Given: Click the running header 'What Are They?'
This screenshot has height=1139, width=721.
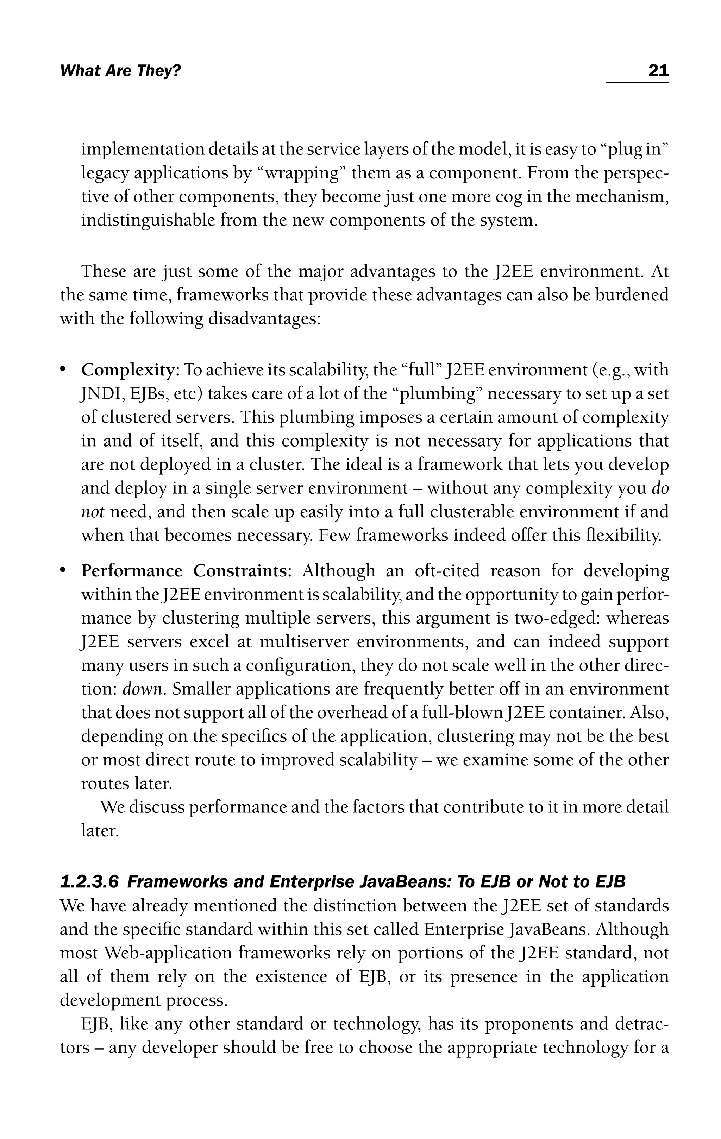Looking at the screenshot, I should pyautogui.click(x=121, y=71).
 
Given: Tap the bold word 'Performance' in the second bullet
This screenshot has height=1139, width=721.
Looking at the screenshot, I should pyautogui.click(x=132, y=571).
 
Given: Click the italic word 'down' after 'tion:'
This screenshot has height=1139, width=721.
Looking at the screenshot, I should pyautogui.click(x=142, y=689).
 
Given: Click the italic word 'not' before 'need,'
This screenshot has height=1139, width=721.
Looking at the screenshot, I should pyautogui.click(x=92, y=512).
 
